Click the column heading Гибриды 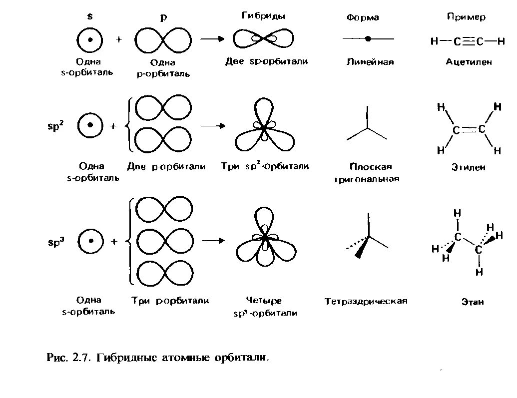(263, 16)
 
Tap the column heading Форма (363, 18)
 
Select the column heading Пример (466, 17)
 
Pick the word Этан (473, 302)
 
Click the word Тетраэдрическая (366, 302)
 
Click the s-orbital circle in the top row (90, 39)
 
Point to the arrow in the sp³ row (213, 241)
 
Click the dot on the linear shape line (368, 38)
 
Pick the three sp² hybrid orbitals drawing (264, 127)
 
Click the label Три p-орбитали (170, 301)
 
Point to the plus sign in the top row (118, 39)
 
